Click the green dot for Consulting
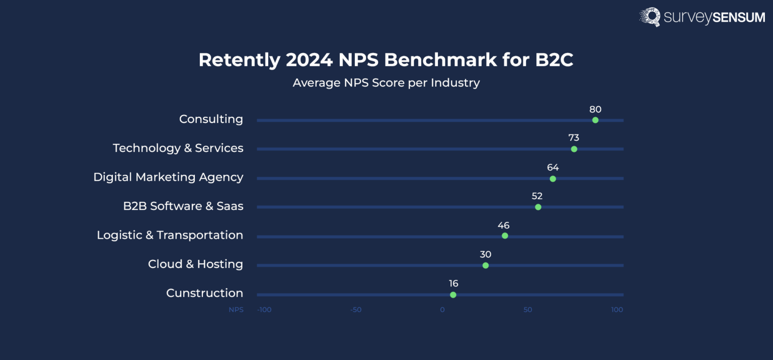pyautogui.click(x=595, y=120)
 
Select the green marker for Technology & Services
pyautogui.click(x=574, y=149)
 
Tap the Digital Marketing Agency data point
pyautogui.click(x=553, y=179)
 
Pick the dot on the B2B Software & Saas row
pyautogui.click(x=538, y=207)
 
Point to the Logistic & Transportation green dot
pyautogui.click(x=505, y=236)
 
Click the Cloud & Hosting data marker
pyautogui.click(x=486, y=265)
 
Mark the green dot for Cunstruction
pyautogui.click(x=453, y=295)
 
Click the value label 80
pyautogui.click(x=595, y=109)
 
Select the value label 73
pyautogui.click(x=574, y=138)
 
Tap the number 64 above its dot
pyautogui.click(x=553, y=168)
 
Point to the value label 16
pyautogui.click(x=453, y=283)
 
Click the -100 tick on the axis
pyautogui.click(x=264, y=310)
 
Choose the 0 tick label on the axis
pyautogui.click(x=442, y=310)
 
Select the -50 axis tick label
pyautogui.click(x=356, y=310)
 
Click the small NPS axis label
pyautogui.click(x=236, y=310)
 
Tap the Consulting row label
pyautogui.click(x=211, y=119)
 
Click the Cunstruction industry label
pyautogui.click(x=204, y=293)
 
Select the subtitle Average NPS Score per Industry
pyautogui.click(x=386, y=83)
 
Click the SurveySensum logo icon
pyautogui.click(x=650, y=17)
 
